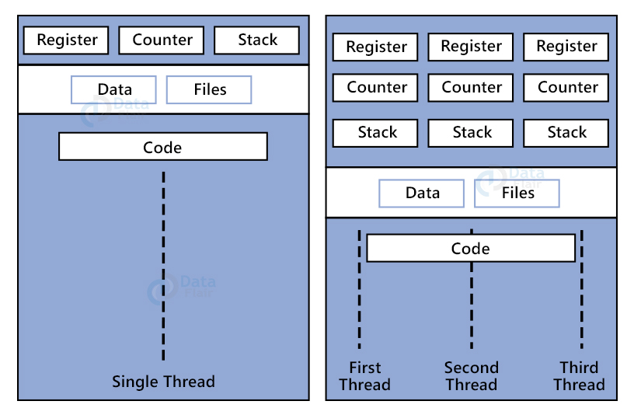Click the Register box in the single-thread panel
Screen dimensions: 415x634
(x=67, y=40)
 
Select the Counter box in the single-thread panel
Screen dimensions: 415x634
(x=162, y=40)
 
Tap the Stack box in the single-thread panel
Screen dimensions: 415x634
(x=256, y=40)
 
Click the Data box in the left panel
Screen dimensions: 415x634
(x=113, y=90)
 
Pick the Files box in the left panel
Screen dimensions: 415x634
(x=209, y=90)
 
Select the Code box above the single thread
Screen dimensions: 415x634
(x=162, y=147)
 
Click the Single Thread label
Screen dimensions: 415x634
(x=163, y=382)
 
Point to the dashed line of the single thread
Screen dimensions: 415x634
(x=163, y=264)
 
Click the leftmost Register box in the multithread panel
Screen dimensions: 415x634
(x=376, y=47)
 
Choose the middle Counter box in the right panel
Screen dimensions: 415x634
(x=472, y=88)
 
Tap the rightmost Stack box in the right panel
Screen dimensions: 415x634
(x=566, y=133)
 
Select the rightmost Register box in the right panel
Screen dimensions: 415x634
(x=566, y=47)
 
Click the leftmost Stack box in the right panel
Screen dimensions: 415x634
(x=377, y=133)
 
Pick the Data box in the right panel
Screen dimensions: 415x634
(x=422, y=194)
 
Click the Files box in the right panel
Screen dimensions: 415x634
(x=517, y=194)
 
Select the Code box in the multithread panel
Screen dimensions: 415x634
(x=471, y=249)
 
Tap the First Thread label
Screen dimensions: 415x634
(x=364, y=376)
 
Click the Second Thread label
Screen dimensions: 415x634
(x=471, y=376)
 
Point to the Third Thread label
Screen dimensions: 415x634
(x=579, y=376)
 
